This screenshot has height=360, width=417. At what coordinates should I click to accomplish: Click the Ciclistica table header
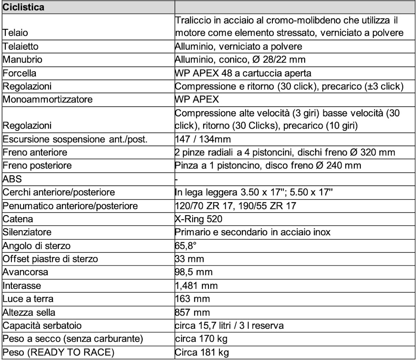[x=24, y=7]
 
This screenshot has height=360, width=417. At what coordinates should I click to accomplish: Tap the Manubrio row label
[x=22, y=60]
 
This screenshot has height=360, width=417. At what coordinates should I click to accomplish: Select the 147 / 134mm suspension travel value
[x=203, y=139]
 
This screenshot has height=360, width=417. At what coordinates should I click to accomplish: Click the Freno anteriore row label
[x=35, y=153]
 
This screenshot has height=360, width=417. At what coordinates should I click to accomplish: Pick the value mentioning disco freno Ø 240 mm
[x=268, y=166]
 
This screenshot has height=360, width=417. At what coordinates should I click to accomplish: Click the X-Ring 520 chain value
[x=199, y=219]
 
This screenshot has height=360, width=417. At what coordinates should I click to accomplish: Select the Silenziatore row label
[x=27, y=232]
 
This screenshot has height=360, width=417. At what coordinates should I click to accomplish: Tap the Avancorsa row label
[x=25, y=272]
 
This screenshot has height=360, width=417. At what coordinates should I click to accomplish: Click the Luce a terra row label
[x=28, y=299]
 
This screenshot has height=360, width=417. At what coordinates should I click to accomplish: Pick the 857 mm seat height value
[x=193, y=312]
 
